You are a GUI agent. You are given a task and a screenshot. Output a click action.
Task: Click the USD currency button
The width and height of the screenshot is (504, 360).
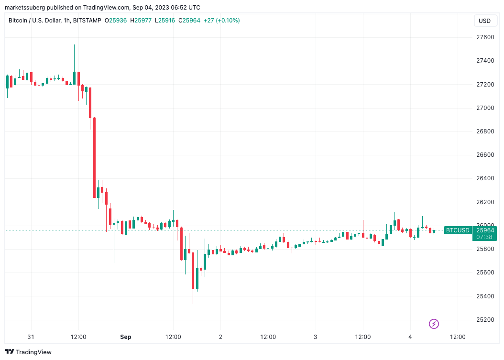485,21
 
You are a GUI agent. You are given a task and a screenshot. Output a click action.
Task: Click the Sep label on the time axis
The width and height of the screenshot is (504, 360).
126,337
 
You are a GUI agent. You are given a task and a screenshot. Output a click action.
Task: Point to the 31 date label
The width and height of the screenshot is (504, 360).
31,337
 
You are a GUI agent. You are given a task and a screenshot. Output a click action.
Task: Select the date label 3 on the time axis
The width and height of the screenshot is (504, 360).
316,337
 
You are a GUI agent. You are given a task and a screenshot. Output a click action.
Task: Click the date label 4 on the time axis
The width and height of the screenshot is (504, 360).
410,337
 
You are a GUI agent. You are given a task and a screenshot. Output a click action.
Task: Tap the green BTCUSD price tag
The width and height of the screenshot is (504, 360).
458,230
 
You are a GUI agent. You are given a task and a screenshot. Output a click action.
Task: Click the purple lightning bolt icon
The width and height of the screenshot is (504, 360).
434,324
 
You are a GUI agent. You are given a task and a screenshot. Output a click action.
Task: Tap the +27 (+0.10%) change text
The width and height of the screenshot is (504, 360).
222,21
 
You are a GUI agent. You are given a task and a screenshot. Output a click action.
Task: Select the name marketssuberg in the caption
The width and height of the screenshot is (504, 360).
25,8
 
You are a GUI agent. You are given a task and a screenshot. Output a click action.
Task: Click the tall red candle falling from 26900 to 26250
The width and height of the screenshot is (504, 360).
94,157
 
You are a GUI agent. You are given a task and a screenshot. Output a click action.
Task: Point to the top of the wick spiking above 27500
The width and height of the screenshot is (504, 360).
74,45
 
